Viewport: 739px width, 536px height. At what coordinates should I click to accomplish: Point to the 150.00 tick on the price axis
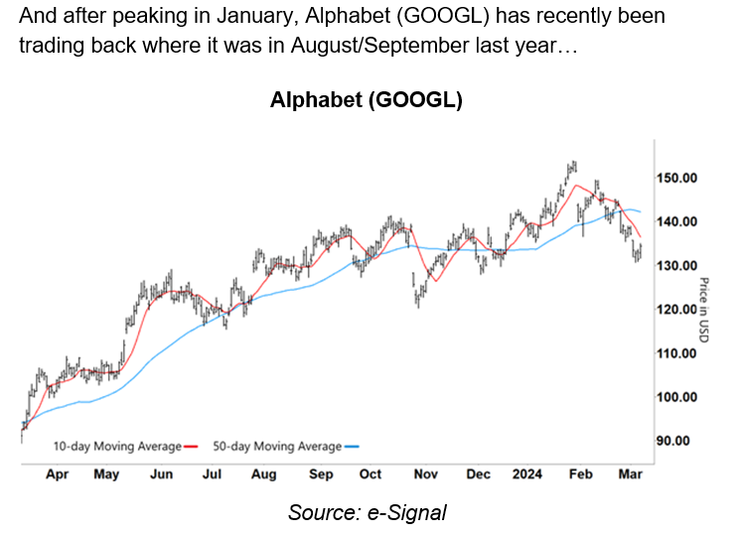(678, 178)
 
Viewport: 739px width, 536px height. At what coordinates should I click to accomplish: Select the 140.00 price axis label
(678, 221)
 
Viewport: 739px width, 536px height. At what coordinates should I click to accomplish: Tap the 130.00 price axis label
(678, 265)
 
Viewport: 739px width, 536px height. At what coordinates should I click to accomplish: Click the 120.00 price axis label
(678, 309)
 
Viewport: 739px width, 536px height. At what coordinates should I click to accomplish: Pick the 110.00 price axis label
(678, 353)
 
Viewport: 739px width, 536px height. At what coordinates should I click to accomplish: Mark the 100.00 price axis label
(678, 397)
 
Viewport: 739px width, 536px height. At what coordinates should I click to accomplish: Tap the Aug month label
(263, 474)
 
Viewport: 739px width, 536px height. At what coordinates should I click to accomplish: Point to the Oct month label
(370, 474)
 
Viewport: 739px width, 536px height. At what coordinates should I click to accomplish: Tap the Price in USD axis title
(704, 311)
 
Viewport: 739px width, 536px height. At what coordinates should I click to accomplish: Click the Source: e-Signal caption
(368, 513)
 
